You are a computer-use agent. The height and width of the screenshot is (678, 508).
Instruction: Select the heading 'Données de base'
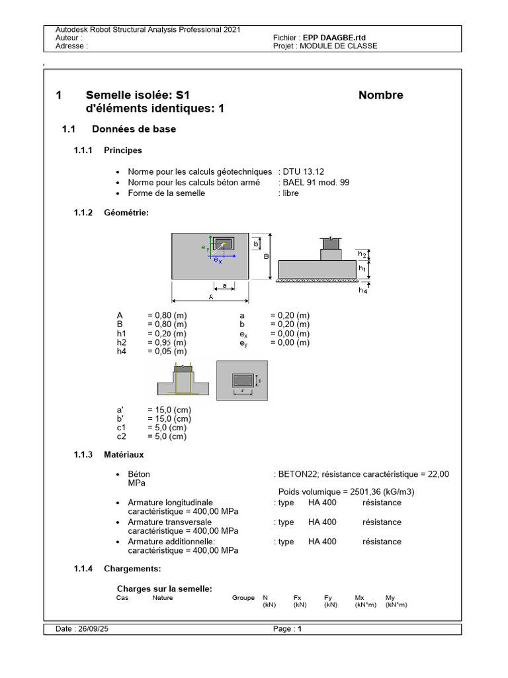pos(134,129)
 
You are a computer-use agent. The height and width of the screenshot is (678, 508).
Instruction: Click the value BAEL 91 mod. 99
pos(316,182)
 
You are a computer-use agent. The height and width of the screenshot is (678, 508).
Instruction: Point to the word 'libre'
pos(290,193)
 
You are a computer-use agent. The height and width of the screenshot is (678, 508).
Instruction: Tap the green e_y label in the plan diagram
pos(204,247)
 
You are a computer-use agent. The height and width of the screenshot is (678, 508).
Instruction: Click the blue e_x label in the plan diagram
pos(217,261)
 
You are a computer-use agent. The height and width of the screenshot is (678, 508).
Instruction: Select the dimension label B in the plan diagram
pos(265,256)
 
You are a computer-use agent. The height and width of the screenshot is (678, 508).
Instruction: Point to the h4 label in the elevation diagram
pos(362,290)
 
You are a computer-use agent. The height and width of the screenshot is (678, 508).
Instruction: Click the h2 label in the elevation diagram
pos(362,254)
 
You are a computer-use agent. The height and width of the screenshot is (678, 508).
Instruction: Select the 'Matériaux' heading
pos(124,455)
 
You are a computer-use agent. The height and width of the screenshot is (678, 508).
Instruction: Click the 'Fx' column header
pos(298,598)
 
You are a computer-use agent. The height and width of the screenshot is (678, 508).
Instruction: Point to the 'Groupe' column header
pos(243,598)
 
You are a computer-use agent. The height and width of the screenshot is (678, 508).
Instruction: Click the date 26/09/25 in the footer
pos(92,630)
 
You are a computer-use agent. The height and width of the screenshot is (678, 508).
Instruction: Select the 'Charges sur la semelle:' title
pos(164,589)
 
